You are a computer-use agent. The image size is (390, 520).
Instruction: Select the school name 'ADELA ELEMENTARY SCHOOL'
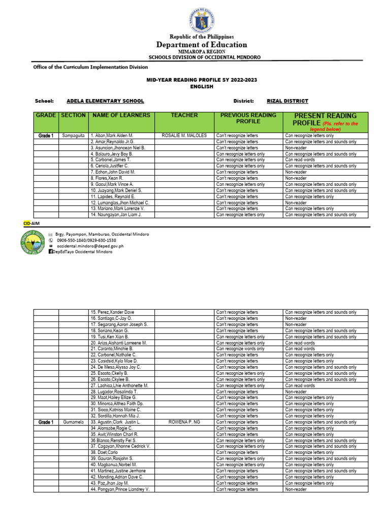coord(105,101)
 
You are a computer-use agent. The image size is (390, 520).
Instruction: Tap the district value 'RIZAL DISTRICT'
coord(287,101)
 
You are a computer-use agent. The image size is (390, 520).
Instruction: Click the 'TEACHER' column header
coord(184,115)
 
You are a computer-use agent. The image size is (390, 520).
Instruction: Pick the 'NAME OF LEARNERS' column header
coord(121,115)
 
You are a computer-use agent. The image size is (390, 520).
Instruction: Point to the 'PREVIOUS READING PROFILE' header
coord(248,118)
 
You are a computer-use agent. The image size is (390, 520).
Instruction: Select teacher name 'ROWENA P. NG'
coord(184,422)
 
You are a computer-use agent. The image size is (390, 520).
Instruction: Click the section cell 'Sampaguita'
coord(74,136)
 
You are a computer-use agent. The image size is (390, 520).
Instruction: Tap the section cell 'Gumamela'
coord(74,422)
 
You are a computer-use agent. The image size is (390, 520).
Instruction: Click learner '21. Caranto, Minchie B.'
coord(112,349)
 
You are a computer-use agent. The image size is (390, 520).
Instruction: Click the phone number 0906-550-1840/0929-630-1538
coord(86,240)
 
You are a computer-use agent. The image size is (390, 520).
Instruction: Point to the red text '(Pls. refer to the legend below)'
coord(333,126)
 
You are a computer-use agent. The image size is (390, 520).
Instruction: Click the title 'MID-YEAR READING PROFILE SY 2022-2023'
coord(194,80)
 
